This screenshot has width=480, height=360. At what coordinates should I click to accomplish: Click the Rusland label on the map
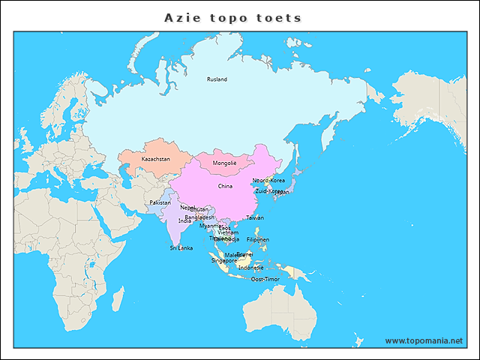tap(217, 79)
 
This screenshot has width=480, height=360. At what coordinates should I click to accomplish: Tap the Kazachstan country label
tap(155, 159)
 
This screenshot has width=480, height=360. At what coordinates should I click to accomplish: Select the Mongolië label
tap(225, 163)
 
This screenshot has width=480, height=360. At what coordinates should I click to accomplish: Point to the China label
tap(225, 186)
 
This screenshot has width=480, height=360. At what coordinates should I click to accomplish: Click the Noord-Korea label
tap(268, 181)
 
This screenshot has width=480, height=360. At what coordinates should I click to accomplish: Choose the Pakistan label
tap(160, 202)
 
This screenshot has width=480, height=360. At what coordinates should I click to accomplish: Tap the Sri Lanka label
tap(181, 247)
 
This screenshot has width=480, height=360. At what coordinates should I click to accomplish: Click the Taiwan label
tap(255, 217)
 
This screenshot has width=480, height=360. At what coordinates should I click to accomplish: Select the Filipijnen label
tap(257, 240)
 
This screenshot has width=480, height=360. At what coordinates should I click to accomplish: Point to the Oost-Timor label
tap(265, 279)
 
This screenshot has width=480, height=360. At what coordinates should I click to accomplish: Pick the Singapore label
tap(223, 261)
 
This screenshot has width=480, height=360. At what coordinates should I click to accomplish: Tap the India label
tap(184, 221)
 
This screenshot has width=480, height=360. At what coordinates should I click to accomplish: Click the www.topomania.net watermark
tap(424, 340)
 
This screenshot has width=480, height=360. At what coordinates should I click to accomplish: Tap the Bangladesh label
tap(199, 217)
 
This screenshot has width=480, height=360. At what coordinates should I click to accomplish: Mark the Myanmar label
tap(210, 226)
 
